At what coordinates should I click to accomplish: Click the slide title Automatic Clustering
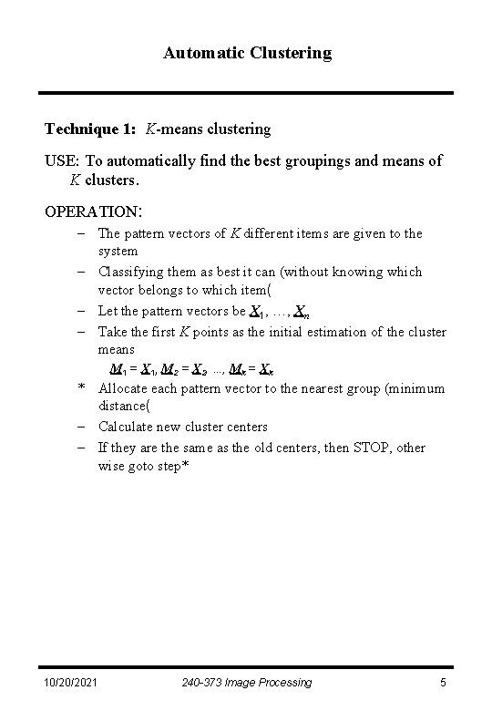tap(248, 53)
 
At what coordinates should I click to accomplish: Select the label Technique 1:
tap(90, 129)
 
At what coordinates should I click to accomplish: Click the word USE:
tap(63, 160)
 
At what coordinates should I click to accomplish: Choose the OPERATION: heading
tap(93, 211)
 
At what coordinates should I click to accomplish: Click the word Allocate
tap(123, 388)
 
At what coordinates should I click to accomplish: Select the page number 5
tap(442, 682)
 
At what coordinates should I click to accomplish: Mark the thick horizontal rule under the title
tap(246, 93)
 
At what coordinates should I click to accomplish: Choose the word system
tap(118, 251)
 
